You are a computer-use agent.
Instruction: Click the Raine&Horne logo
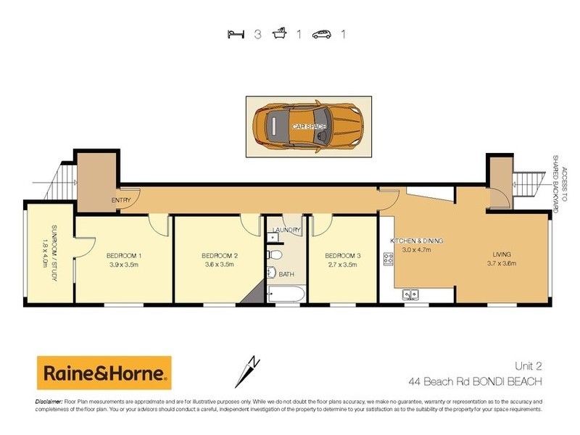click(x=104, y=373)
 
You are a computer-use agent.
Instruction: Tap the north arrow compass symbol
click(x=248, y=371)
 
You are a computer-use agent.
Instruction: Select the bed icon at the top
click(x=235, y=33)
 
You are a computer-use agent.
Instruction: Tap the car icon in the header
click(x=322, y=33)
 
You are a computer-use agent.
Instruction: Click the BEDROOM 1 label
click(x=123, y=256)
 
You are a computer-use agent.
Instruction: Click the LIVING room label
click(x=501, y=255)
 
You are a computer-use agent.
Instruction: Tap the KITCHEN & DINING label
click(x=416, y=241)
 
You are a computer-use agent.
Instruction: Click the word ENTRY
click(x=120, y=201)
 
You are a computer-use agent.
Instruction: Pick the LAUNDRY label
click(x=286, y=231)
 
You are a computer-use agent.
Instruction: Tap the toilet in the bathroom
click(x=273, y=254)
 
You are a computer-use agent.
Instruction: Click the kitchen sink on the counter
click(x=412, y=294)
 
